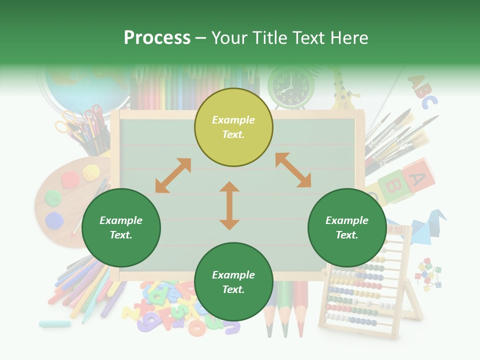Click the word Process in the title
pyautogui.click(x=157, y=37)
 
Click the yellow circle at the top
pyautogui.click(x=233, y=127)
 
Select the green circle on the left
pyautogui.click(x=121, y=227)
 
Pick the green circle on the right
pyautogui.click(x=347, y=227)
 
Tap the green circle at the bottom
pyautogui.click(x=233, y=282)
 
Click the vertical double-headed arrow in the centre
pyautogui.click(x=229, y=205)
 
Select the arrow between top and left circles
pyautogui.click(x=173, y=175)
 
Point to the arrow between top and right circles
pyautogui.click(x=293, y=170)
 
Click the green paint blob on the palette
pyautogui.click(x=53, y=197)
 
